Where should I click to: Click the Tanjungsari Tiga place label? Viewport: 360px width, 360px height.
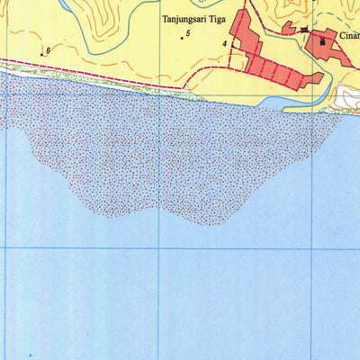191,17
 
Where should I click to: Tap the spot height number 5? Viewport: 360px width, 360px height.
188,33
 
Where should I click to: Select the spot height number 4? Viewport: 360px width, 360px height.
225,42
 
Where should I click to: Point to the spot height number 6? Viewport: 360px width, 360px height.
48,50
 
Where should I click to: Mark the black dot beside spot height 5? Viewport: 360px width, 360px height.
181,39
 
